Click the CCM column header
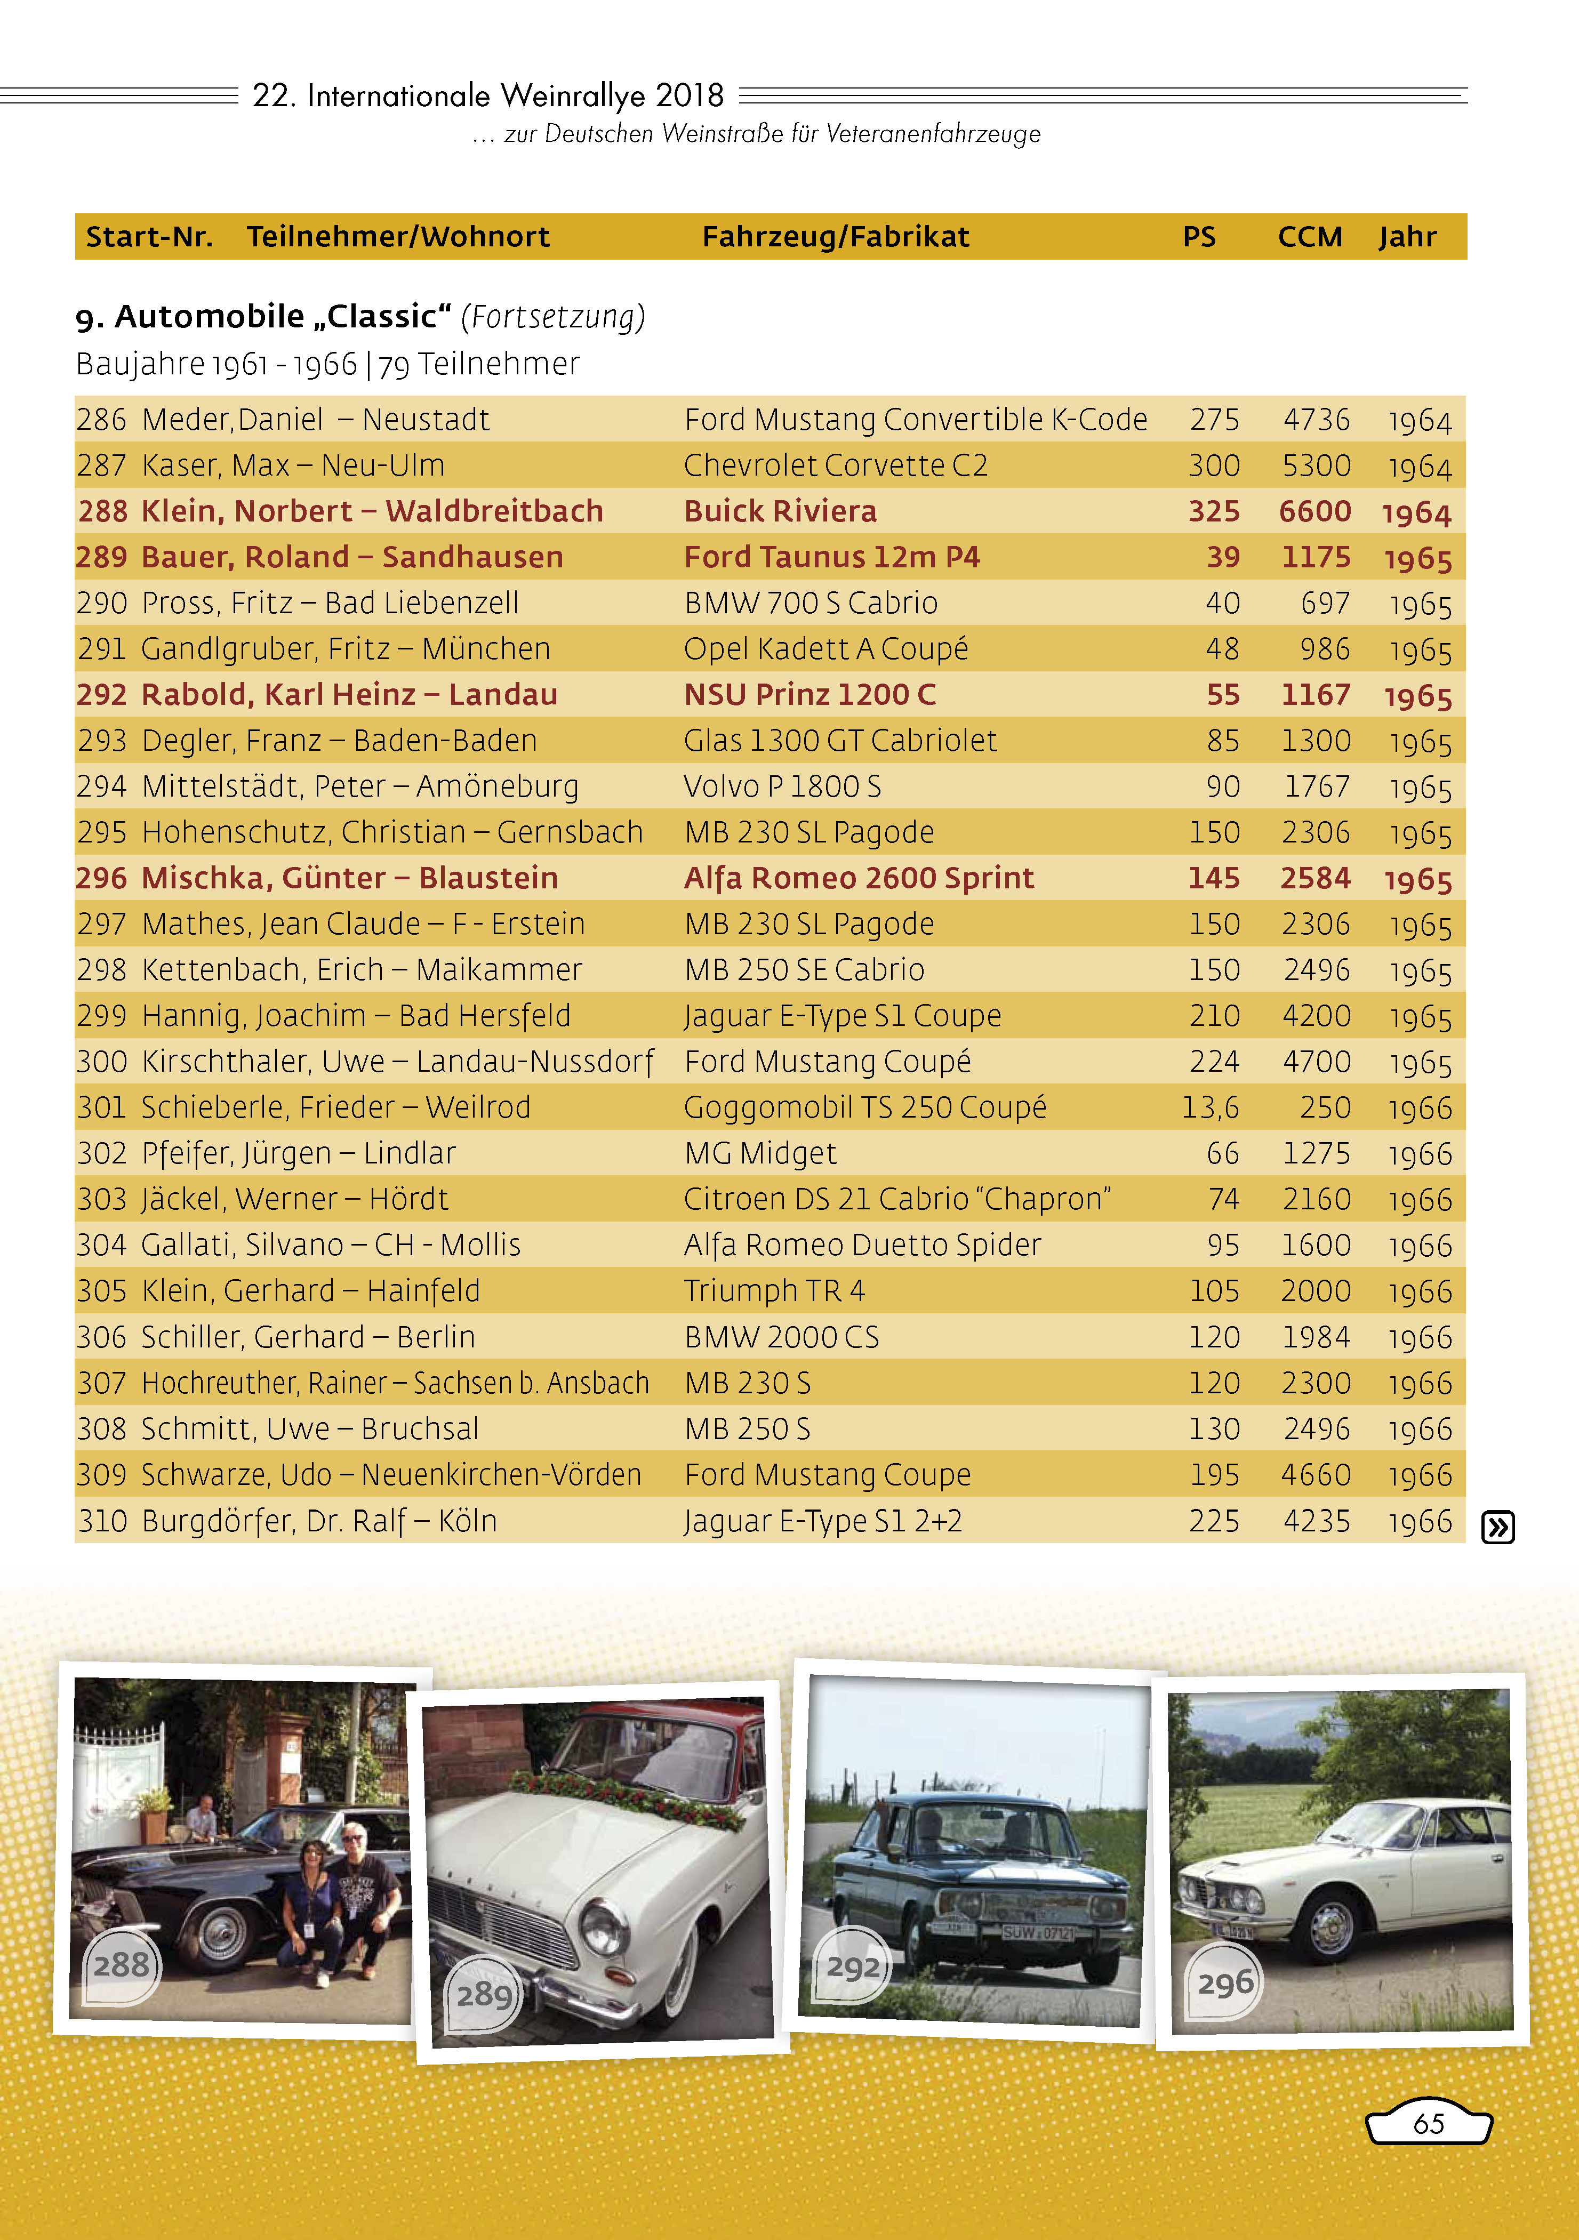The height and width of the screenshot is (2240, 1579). pos(1310,237)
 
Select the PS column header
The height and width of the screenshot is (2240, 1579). pos(1198,237)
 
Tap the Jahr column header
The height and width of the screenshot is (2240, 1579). pos(1407,237)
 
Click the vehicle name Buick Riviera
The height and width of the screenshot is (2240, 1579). pos(780,511)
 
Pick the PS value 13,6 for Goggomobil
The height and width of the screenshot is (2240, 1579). pos(1210,1107)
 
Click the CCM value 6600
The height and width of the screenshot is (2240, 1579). pos(1315,511)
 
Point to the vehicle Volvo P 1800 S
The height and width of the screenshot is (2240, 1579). pos(782,786)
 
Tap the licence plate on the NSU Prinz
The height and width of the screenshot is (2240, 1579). pos(1038,1932)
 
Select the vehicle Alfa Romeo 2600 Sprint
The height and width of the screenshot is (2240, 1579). pos(859,878)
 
